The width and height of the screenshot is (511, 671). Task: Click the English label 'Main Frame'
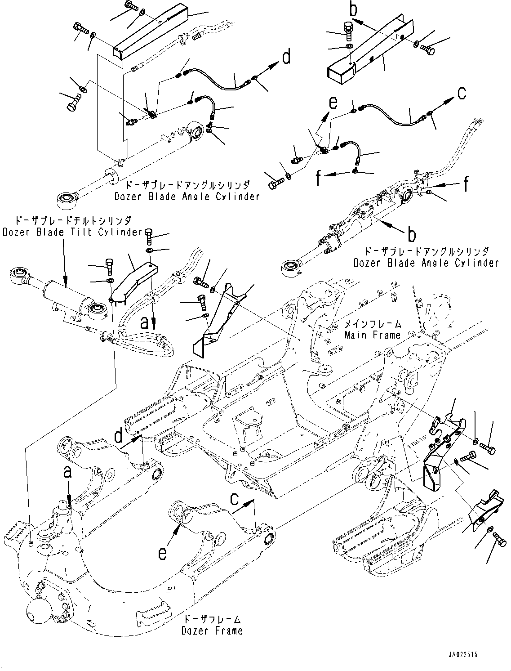(372, 335)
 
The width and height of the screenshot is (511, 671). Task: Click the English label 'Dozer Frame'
(212, 631)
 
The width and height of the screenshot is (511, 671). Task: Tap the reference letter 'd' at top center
(286, 58)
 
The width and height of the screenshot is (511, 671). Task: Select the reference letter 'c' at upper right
(462, 94)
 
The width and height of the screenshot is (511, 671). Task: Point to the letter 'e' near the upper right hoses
(333, 103)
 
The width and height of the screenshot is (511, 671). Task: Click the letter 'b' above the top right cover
(354, 9)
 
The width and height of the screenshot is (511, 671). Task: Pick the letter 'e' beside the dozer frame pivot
(163, 554)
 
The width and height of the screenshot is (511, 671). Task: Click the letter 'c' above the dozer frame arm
(235, 499)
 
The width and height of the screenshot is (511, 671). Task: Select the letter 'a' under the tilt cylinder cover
(144, 322)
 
